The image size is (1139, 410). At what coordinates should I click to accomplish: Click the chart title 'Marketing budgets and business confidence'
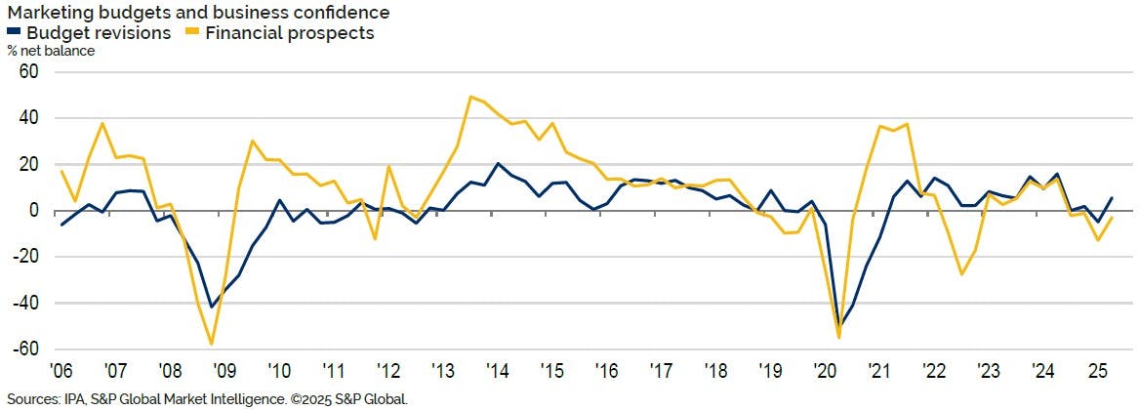coord(199,12)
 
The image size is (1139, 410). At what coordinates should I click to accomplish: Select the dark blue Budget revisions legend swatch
coord(13,32)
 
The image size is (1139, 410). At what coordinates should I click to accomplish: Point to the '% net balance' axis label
coord(51,51)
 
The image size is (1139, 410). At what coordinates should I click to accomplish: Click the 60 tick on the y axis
coord(27,72)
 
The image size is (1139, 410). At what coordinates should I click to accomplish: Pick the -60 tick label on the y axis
coord(24,349)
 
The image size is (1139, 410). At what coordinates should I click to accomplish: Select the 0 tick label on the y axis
coord(32,211)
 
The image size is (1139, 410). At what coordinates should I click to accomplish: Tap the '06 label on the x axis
coord(61,372)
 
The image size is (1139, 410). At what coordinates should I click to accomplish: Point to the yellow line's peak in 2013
coord(471,97)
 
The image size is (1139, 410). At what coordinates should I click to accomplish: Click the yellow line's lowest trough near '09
coord(211,344)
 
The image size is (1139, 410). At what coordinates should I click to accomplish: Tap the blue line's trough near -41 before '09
coord(211,307)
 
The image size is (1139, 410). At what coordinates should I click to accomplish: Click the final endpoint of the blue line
coord(1112,198)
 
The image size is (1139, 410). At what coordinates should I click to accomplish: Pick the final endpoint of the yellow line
coord(1112,218)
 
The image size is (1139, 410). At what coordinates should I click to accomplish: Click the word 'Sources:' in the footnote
coord(32,399)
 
